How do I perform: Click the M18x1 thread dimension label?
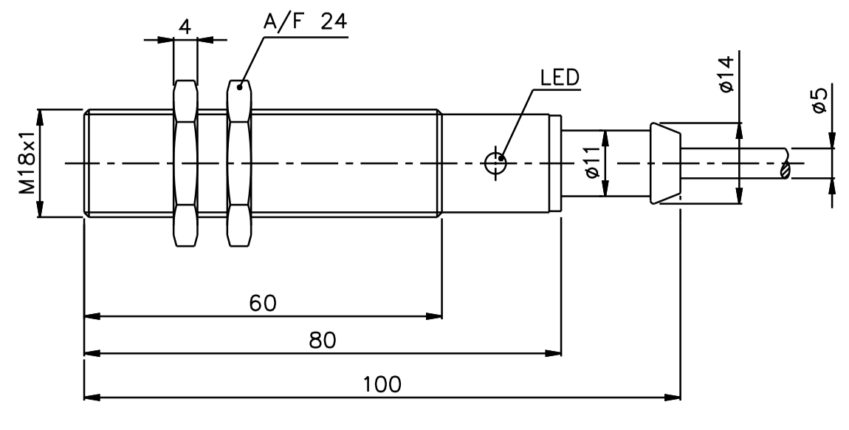pos(27,163)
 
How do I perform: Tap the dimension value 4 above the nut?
pos(185,26)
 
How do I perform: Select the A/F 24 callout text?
pos(305,21)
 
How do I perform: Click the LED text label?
pos(560,78)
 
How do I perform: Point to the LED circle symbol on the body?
pos(495,163)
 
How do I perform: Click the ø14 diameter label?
pos(726,74)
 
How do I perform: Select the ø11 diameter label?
pos(593,163)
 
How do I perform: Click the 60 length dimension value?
pos(263,303)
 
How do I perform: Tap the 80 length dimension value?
pos(322,341)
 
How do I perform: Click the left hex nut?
pos(185,163)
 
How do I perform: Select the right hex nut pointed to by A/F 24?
pos(239,163)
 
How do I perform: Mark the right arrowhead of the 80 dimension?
pos(553,354)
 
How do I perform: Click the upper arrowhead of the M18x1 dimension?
pos(39,117)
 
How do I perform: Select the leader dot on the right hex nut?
pos(238,86)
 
